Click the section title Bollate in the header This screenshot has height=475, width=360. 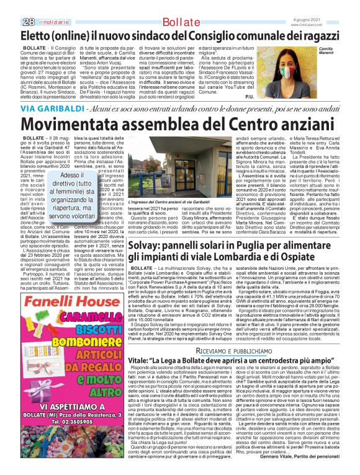click(176, 6)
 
